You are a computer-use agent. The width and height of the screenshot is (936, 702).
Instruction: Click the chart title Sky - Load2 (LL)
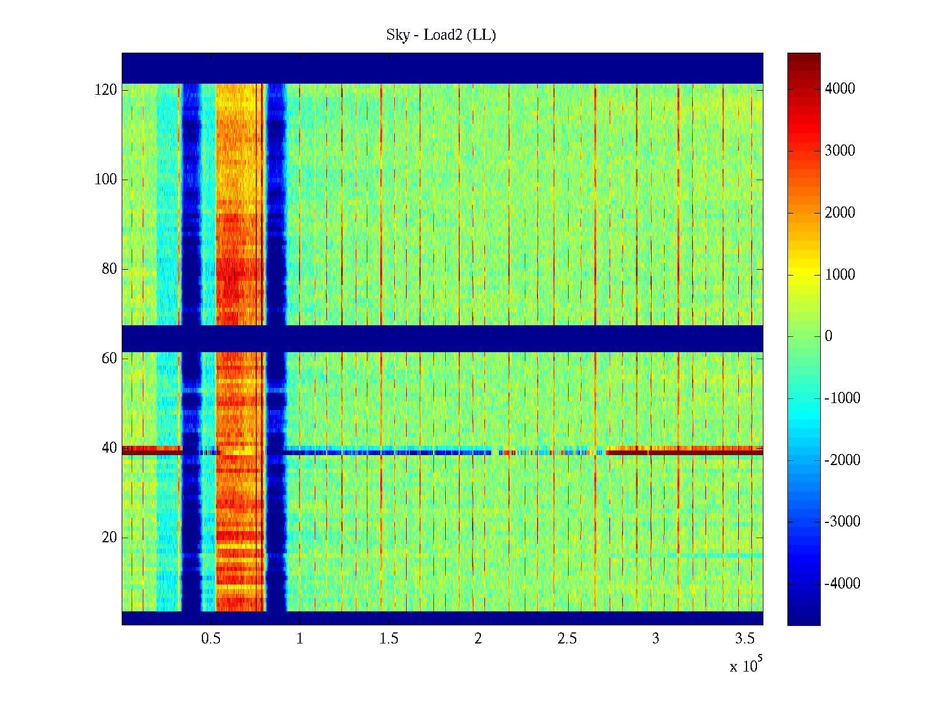coord(441,35)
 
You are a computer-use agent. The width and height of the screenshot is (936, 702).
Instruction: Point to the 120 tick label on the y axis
coord(106,90)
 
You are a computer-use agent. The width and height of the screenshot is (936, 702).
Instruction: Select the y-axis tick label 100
coord(106,180)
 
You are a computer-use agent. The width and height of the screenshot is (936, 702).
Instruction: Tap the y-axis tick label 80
coord(109,269)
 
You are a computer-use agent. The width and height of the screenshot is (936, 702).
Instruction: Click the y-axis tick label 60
coord(109,359)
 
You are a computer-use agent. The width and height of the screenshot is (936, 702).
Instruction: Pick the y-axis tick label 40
coord(109,448)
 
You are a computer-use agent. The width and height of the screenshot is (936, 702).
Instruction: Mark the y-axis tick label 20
coord(109,538)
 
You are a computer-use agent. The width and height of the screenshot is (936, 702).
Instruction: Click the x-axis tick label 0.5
coord(211,639)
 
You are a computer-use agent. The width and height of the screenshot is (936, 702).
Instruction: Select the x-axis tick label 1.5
coord(389,639)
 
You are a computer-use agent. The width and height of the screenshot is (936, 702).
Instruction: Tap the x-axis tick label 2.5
coord(567,639)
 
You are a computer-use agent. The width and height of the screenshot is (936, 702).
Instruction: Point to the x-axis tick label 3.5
coord(745,639)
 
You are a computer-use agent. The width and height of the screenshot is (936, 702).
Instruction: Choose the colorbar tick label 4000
coord(839,89)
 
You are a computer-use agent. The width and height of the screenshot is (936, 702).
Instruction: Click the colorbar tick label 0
coord(828,336)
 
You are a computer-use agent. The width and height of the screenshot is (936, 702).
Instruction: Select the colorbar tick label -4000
coord(842,584)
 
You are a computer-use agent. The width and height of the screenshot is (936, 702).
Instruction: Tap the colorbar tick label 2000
coord(839,213)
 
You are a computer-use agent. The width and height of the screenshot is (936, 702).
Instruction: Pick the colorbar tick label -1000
coord(842,398)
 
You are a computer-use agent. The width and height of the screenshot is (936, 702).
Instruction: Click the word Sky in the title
coord(398,35)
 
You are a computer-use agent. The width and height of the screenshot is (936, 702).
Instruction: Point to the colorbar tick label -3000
coord(842,522)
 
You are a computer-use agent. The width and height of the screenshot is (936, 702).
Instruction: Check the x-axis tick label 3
coord(656,639)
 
